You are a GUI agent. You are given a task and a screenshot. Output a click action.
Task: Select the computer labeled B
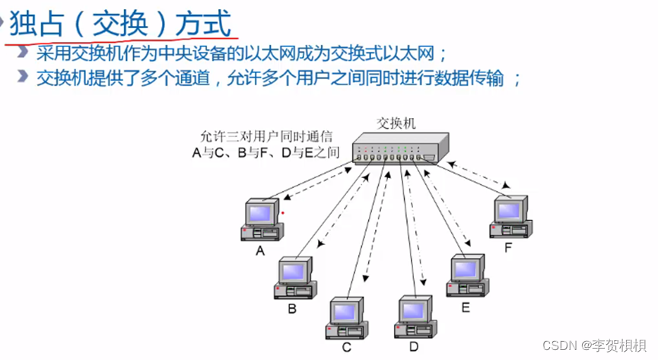tap(294, 278)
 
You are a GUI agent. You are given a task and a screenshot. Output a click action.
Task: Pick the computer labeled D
tap(415, 317)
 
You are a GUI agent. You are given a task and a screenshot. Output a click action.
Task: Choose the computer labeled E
tap(466, 276)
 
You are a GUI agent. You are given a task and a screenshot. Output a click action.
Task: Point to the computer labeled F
tap(510, 218)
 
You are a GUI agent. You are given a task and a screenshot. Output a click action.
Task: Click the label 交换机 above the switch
tap(396, 123)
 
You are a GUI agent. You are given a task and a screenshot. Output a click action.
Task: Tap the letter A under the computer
tap(259, 251)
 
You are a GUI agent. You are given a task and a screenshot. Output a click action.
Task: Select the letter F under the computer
tap(508, 248)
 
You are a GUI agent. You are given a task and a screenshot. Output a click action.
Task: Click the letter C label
tap(347, 348)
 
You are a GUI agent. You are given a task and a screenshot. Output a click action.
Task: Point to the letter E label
tap(466, 307)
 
